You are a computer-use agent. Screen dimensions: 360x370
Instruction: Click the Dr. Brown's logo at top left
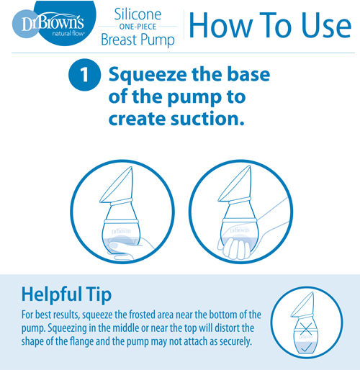54,23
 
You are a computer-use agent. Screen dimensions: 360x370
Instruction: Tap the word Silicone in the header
138,14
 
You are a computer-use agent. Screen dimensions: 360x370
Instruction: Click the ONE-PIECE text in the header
138,27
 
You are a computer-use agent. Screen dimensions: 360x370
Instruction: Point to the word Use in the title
326,25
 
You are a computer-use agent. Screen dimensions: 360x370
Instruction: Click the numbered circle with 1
84,75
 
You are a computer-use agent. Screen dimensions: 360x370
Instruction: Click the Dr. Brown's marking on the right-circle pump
240,230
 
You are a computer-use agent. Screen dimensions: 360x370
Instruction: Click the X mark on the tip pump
306,329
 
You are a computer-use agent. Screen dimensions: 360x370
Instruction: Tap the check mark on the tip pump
306,347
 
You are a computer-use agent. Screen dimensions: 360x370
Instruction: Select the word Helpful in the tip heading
51,294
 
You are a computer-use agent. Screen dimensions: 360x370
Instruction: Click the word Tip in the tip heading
99,294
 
